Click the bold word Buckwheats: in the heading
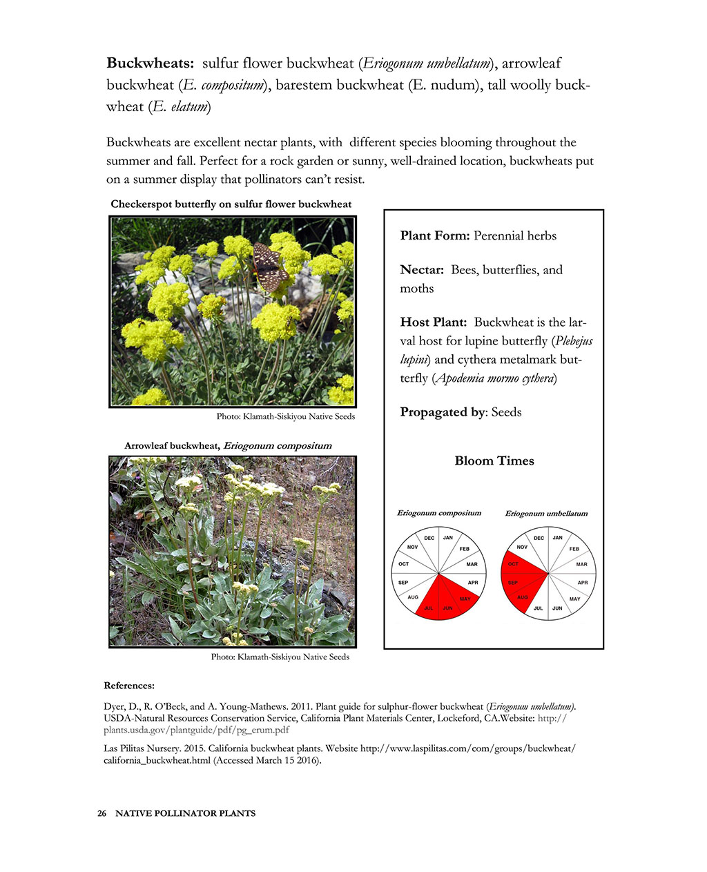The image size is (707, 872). [150, 64]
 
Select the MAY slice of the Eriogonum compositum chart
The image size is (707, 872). [463, 596]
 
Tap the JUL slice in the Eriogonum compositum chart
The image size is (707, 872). [429, 605]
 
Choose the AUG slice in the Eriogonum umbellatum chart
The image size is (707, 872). [523, 596]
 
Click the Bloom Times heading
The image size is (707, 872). [494, 461]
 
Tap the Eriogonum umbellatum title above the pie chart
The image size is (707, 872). [546, 513]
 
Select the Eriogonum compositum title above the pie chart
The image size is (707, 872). [438, 513]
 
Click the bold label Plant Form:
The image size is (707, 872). [435, 235]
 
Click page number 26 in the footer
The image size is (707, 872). [101, 813]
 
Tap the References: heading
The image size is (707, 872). [129, 686]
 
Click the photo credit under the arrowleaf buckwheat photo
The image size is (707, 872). [280, 657]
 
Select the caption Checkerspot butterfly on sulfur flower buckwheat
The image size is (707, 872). [231, 204]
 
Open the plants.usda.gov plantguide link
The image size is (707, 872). [196, 729]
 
